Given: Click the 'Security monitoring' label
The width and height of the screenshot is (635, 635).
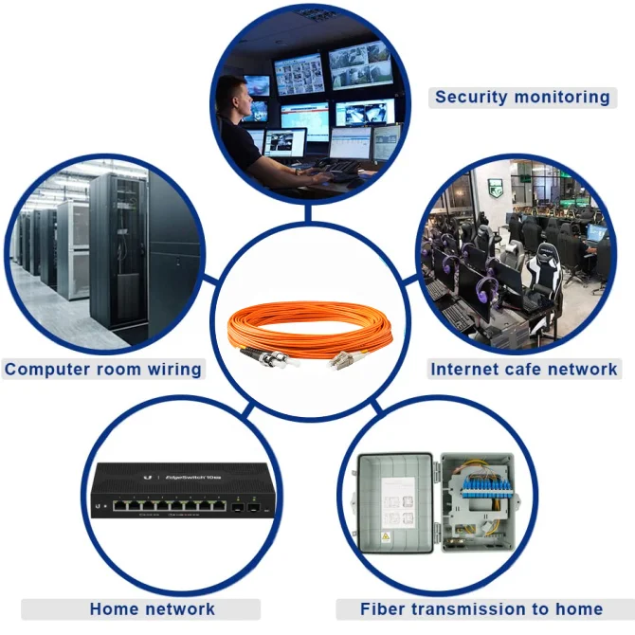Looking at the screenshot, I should pos(522,97).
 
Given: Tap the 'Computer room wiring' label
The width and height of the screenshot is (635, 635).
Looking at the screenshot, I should pos(102,369).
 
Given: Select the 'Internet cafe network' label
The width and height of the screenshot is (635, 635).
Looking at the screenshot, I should pos(524,369).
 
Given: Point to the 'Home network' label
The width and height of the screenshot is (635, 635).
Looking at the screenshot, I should pos(152,608).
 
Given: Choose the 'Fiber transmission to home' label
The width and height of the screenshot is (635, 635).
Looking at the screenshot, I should pos(481,608).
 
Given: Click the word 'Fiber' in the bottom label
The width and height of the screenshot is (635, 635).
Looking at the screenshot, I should pos(384,608).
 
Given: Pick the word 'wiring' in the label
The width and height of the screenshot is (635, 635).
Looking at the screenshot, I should pos(172,369).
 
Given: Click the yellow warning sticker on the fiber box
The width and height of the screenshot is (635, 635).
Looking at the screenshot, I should pos(385,537).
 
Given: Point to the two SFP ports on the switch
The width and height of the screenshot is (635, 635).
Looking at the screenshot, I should pos(247,508).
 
